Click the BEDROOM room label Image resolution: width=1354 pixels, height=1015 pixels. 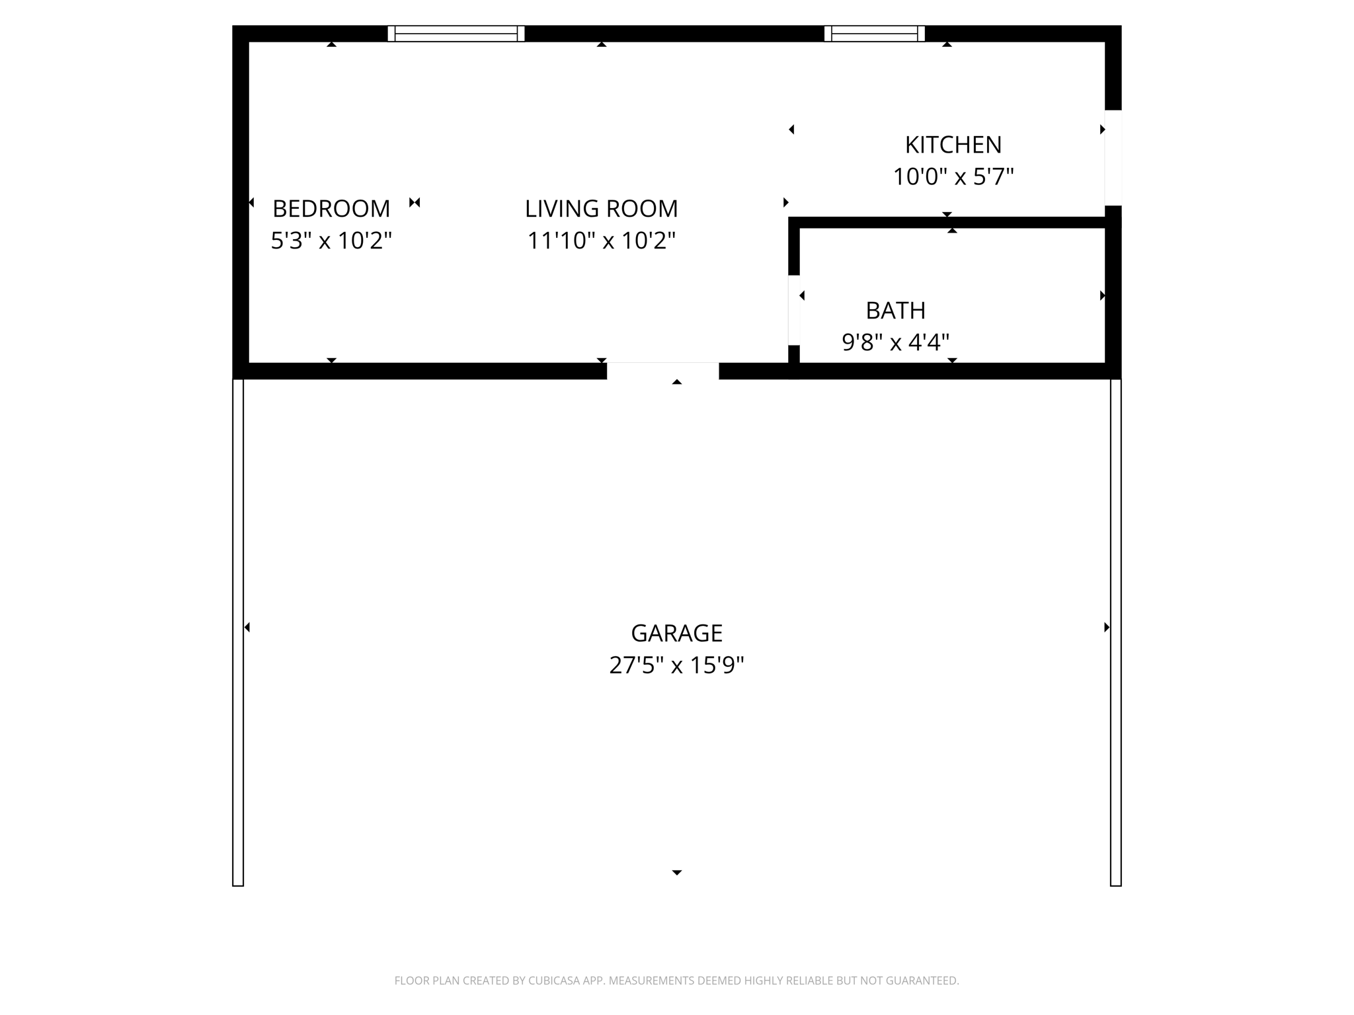click(331, 209)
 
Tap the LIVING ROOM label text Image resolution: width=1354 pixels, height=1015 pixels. click(601, 209)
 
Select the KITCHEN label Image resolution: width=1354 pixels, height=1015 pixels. click(953, 145)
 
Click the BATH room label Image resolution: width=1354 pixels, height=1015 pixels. click(895, 311)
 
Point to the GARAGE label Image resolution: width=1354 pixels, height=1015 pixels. click(676, 633)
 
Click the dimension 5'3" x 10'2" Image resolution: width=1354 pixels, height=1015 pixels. click(331, 241)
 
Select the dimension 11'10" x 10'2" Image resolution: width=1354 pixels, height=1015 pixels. click(601, 241)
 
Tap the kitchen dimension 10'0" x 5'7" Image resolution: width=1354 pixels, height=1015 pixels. click(953, 177)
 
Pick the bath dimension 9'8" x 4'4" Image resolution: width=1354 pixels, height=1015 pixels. click(895, 342)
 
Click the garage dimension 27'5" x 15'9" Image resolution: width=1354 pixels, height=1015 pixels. click(676, 665)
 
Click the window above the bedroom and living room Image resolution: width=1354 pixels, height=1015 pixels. click(456, 34)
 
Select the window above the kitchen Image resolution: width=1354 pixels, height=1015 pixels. click(874, 34)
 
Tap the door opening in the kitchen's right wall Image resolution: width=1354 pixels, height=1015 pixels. click(1113, 158)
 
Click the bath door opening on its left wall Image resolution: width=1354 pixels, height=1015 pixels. click(794, 310)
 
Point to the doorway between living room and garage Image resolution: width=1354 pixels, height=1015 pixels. click(662, 371)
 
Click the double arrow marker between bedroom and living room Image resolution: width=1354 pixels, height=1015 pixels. click(415, 202)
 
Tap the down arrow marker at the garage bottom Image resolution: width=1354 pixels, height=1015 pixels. click(676, 873)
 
